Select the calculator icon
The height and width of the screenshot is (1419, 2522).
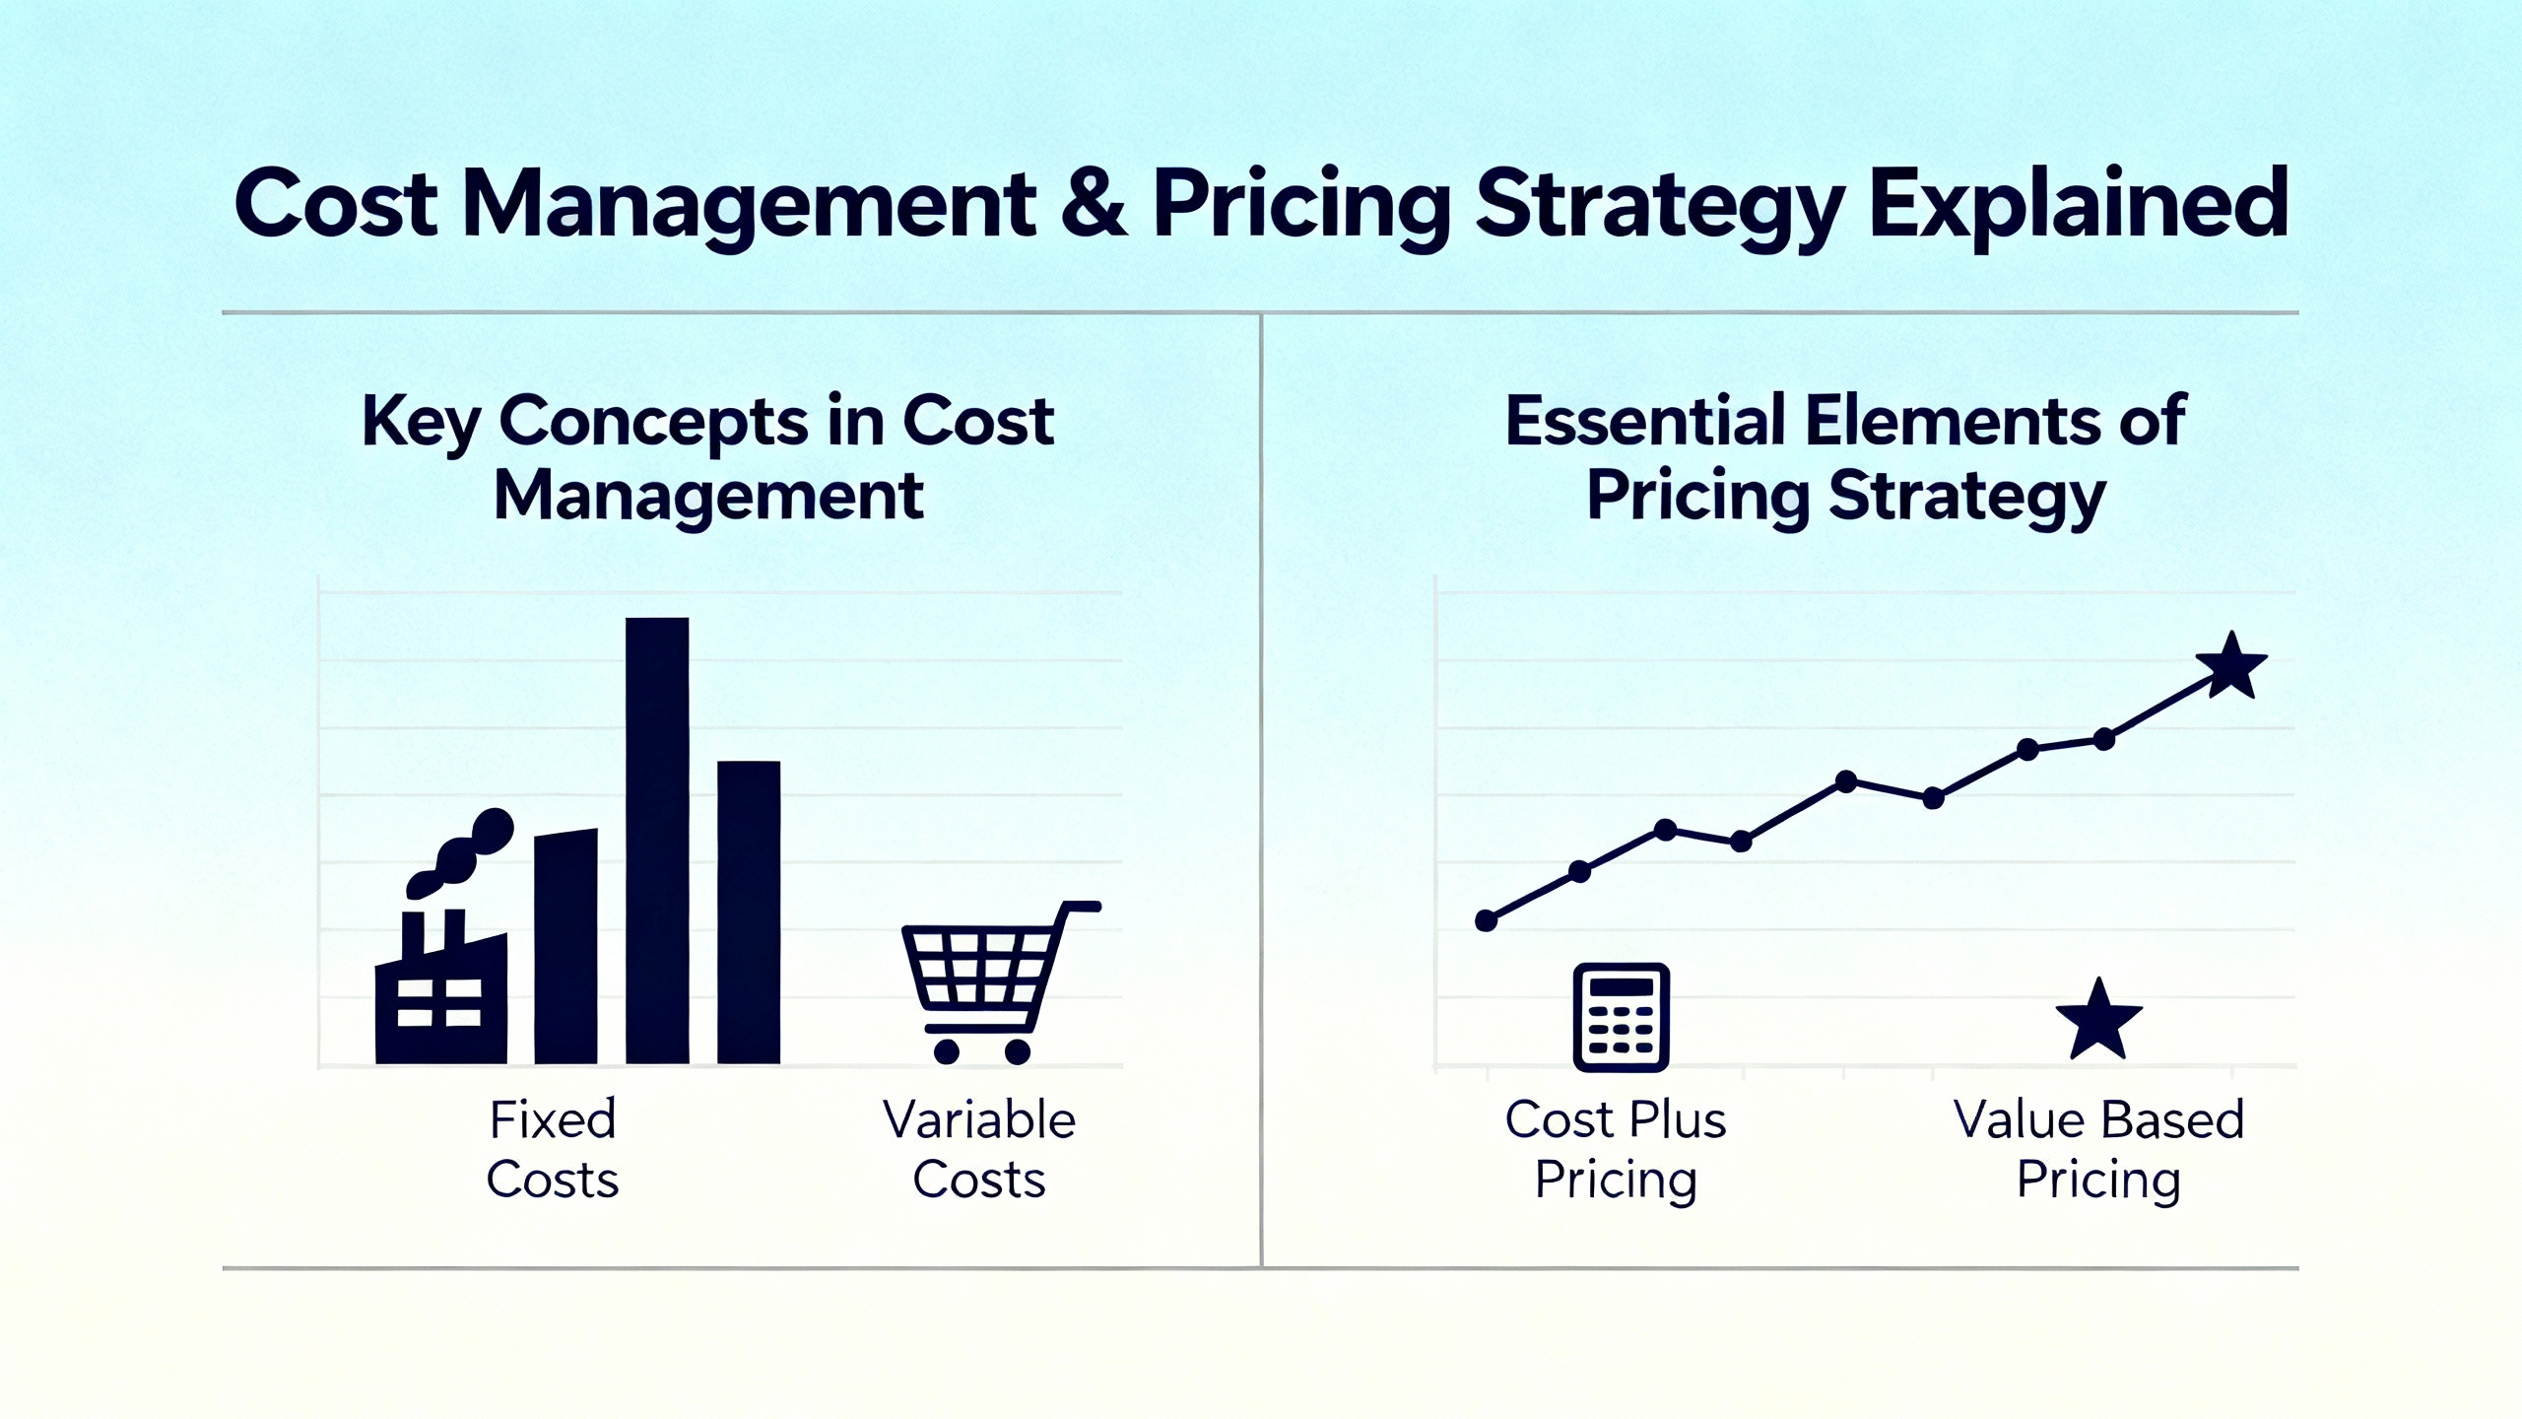1621,1017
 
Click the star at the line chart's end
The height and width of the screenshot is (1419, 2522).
2231,666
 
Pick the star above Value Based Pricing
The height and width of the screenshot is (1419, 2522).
2098,1021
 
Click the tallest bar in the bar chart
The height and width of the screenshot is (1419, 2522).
657,841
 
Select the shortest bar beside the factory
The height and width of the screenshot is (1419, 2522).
565,947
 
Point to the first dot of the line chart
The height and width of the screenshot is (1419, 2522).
1487,920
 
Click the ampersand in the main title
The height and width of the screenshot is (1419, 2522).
1094,205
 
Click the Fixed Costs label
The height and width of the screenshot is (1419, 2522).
553,1150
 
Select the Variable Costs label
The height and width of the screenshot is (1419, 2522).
979,1150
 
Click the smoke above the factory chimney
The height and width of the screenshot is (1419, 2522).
460,852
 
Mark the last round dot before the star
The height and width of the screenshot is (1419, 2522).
2104,739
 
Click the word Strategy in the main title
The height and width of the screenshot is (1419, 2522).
1660,209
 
